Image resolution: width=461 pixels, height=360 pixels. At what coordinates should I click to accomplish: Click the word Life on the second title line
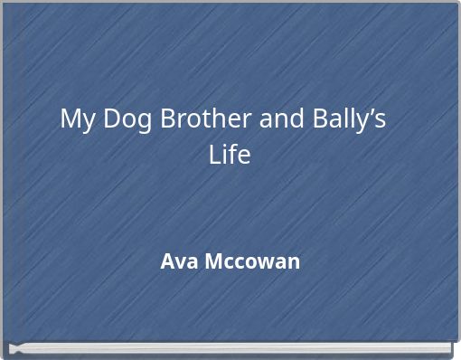point(230,156)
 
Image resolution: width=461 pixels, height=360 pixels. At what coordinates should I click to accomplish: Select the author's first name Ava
point(175,262)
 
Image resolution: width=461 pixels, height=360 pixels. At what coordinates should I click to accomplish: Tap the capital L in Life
point(214,156)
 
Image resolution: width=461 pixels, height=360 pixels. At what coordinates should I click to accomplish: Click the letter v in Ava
point(176,264)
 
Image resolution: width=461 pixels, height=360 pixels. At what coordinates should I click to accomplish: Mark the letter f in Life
point(231,155)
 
